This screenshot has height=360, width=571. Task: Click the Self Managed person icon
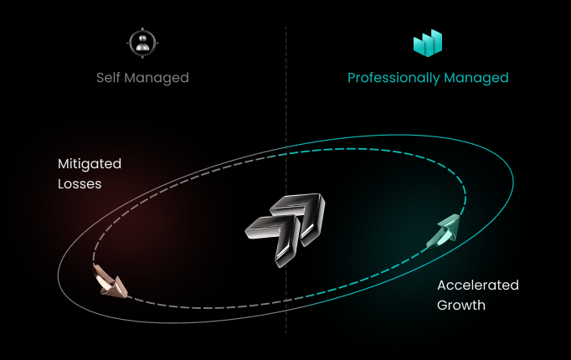pyautogui.click(x=142, y=44)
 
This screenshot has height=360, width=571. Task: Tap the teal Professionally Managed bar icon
pyautogui.click(x=428, y=44)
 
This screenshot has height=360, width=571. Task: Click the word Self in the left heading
pyautogui.click(x=109, y=78)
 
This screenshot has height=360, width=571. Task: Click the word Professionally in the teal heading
pyautogui.click(x=393, y=78)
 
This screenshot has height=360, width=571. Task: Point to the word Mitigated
pyautogui.click(x=90, y=163)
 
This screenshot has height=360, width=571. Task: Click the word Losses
pyautogui.click(x=80, y=183)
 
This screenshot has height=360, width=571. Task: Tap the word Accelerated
pyautogui.click(x=478, y=285)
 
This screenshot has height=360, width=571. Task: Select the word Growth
pyautogui.click(x=461, y=306)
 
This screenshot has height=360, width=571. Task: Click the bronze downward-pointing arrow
pyautogui.click(x=110, y=281)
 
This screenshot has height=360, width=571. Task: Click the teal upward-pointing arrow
pyautogui.click(x=444, y=231)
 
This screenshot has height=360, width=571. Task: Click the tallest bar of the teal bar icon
pyautogui.click(x=436, y=40)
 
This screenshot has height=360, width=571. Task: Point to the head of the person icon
pyautogui.click(x=142, y=39)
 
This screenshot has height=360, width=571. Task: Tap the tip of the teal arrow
pyautogui.click(x=457, y=219)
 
